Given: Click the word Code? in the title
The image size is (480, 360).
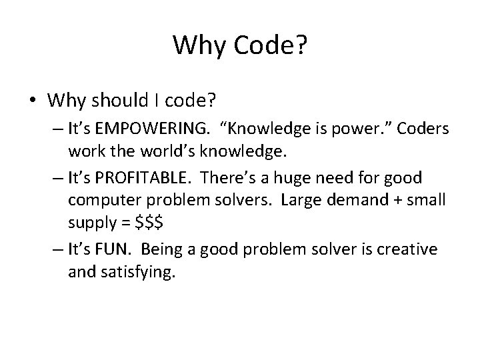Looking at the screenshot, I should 270,45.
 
